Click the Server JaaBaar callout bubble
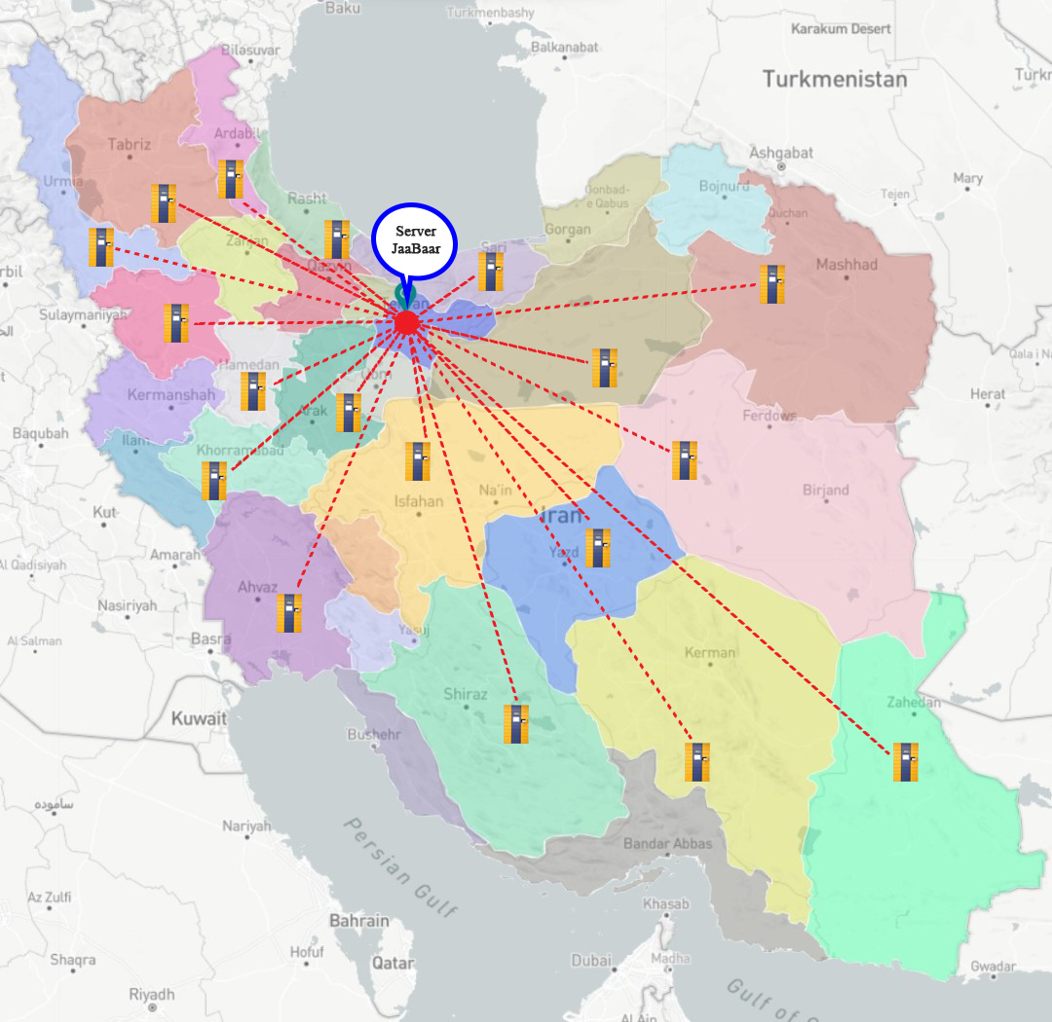coord(414,239)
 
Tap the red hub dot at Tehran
coord(407,323)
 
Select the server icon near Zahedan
coord(906,762)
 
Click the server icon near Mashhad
coord(772,284)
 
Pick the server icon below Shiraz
coord(516,724)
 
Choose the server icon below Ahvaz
coord(288,613)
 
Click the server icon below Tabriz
coord(164,203)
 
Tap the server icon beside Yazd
coord(598,548)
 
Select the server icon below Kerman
coord(695,762)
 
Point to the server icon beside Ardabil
coord(231,179)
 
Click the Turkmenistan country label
coord(834,79)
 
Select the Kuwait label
coord(199,718)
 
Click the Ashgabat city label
coord(779,153)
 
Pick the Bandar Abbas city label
coord(667,843)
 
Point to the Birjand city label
coord(825,490)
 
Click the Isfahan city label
coord(418,502)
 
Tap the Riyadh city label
coord(151,994)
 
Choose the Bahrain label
coord(358,920)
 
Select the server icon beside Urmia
coord(101,247)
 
